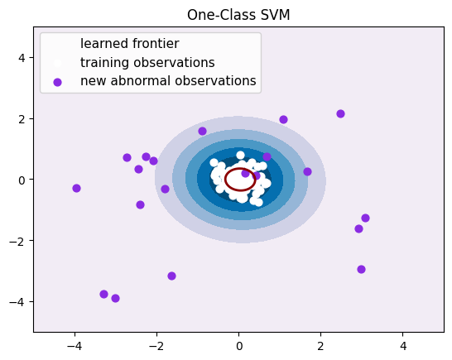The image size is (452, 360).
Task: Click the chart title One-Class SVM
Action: pyautogui.click(x=238, y=14)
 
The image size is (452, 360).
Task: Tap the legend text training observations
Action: pyautogui.click(x=147, y=62)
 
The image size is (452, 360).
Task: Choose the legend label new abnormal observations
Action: pyautogui.click(x=168, y=81)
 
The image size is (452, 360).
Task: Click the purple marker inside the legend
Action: pyautogui.click(x=57, y=82)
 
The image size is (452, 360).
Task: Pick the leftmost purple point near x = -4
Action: pyautogui.click(x=76, y=188)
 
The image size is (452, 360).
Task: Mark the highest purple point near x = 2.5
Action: pyautogui.click(x=340, y=113)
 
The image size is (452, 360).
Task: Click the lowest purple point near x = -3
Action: pyautogui.click(x=115, y=298)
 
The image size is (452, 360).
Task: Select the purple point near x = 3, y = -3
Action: pyautogui.click(x=361, y=269)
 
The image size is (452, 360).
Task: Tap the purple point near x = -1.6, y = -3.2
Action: pyautogui.click(x=171, y=276)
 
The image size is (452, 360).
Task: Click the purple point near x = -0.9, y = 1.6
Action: pyautogui.click(x=202, y=131)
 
